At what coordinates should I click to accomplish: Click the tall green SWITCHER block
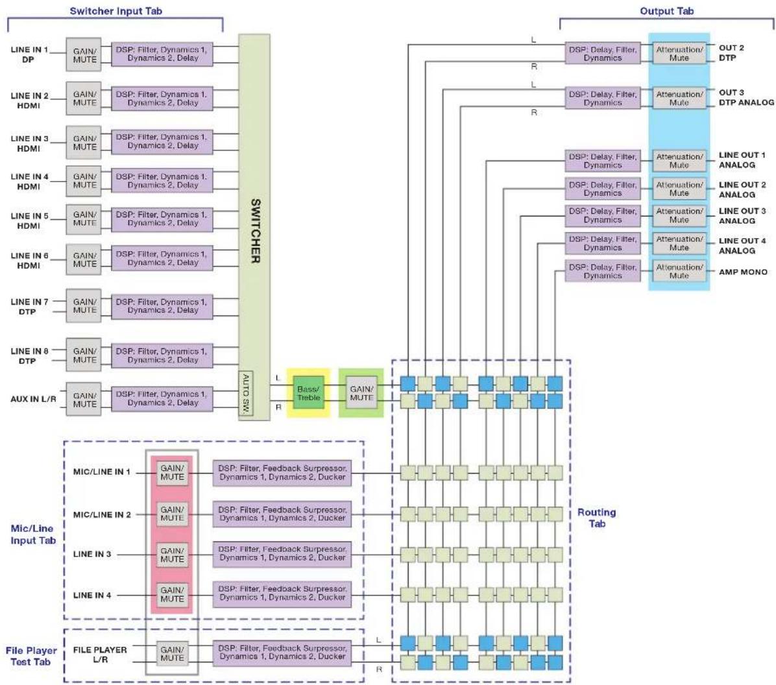(254, 227)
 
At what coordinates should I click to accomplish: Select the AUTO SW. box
(246, 394)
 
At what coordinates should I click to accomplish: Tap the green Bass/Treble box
(308, 393)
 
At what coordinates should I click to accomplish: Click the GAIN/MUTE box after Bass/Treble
(361, 393)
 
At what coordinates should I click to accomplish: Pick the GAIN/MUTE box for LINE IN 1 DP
(84, 54)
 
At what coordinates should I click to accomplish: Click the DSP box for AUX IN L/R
(162, 398)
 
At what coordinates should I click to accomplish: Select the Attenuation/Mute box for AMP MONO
(679, 271)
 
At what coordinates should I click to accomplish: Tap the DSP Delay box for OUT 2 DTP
(602, 53)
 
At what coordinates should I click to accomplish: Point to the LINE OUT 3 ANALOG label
(742, 216)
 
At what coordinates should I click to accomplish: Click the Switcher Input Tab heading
(115, 11)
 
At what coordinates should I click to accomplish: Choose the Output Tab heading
(666, 11)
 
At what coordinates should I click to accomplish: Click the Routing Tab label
(597, 518)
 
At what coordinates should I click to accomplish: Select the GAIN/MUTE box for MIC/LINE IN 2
(172, 514)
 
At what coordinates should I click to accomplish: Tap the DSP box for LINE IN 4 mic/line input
(282, 593)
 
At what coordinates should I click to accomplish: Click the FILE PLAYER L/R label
(100, 655)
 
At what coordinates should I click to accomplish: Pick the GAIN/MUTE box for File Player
(172, 653)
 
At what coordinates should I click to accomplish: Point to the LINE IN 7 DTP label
(29, 306)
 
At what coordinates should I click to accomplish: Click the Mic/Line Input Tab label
(33, 535)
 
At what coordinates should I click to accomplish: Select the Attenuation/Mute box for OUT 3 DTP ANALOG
(679, 98)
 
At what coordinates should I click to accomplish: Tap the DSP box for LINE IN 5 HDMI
(162, 219)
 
